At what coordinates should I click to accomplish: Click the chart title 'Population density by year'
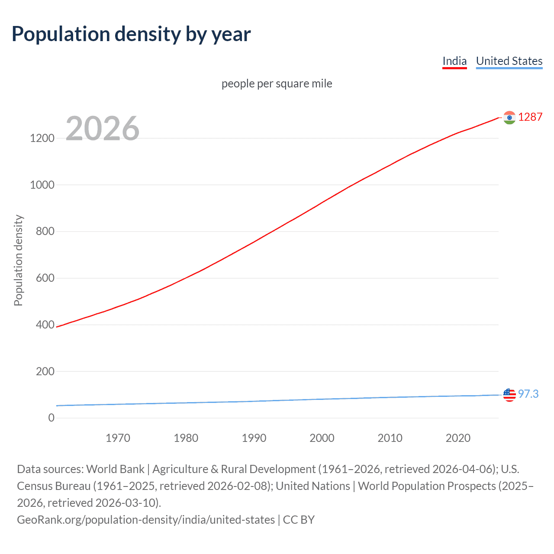pyautogui.click(x=131, y=34)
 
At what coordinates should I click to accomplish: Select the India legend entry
pyautogui.click(x=454, y=61)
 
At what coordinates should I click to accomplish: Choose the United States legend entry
pyautogui.click(x=509, y=61)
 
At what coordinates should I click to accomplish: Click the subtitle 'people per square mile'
pyautogui.click(x=277, y=84)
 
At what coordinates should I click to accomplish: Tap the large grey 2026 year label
pyautogui.click(x=103, y=129)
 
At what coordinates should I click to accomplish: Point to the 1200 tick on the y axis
pyautogui.click(x=42, y=138)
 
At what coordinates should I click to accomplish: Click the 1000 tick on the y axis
pyautogui.click(x=42, y=185)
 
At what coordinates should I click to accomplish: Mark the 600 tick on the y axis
pyautogui.click(x=45, y=278)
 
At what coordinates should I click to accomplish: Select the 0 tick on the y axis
pyautogui.click(x=52, y=418)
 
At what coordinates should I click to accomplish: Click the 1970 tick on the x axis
pyautogui.click(x=118, y=438)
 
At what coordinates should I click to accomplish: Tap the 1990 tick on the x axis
pyautogui.click(x=254, y=438)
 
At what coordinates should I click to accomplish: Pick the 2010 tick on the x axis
pyautogui.click(x=390, y=438)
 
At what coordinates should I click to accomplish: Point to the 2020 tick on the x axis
pyautogui.click(x=458, y=438)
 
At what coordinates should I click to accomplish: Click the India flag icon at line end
pyautogui.click(x=509, y=117)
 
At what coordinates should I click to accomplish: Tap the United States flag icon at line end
pyautogui.click(x=509, y=395)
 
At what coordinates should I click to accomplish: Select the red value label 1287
pyautogui.click(x=530, y=117)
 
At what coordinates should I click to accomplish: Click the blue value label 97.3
pyautogui.click(x=528, y=394)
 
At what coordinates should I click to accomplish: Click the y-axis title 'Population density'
pyautogui.click(x=18, y=261)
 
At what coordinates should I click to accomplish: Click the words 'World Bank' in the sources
pyautogui.click(x=115, y=469)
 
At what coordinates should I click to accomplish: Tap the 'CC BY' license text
pyautogui.click(x=299, y=520)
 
